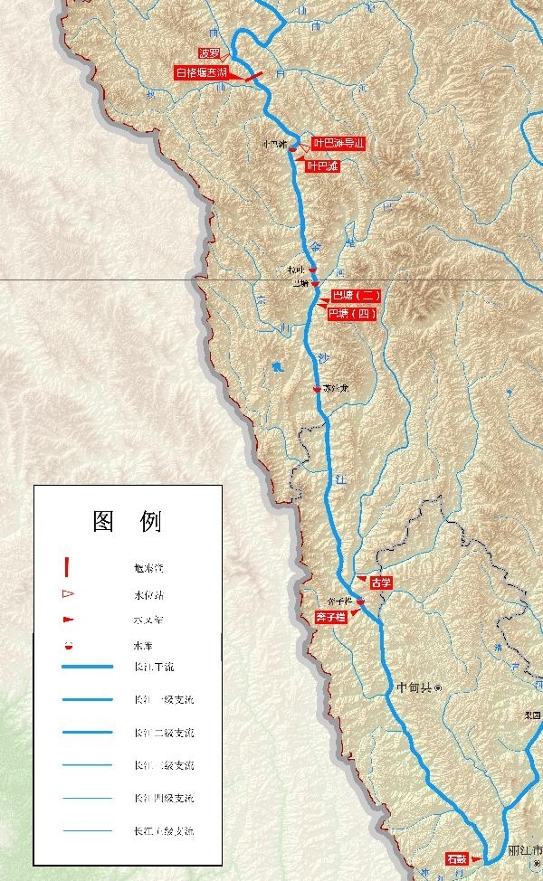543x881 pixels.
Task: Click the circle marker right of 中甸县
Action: [x=437, y=688]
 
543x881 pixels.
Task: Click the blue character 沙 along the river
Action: [x=322, y=358]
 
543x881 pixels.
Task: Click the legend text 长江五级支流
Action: [x=163, y=830]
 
